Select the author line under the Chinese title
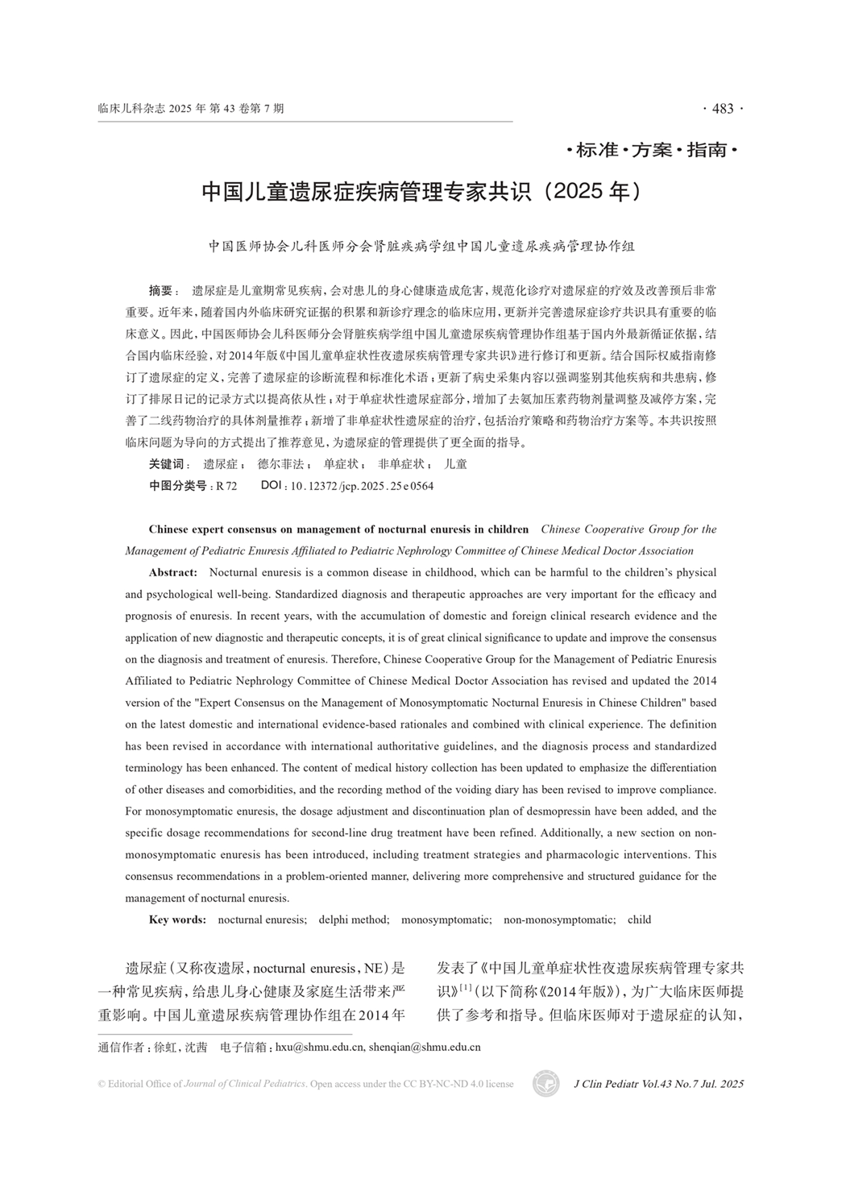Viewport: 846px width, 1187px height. pyautogui.click(x=421, y=247)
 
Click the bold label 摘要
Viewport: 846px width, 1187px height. pyautogui.click(x=161, y=290)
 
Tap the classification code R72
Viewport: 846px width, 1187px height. pyautogui.click(x=226, y=486)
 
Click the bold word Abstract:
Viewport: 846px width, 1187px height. pyautogui.click(x=173, y=572)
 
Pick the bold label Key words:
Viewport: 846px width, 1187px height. pyautogui.click(x=177, y=919)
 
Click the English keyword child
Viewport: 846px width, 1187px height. pyautogui.click(x=639, y=919)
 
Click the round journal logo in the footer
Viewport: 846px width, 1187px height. pyautogui.click(x=545, y=1084)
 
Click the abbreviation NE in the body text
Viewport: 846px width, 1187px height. pyautogui.click(x=375, y=968)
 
